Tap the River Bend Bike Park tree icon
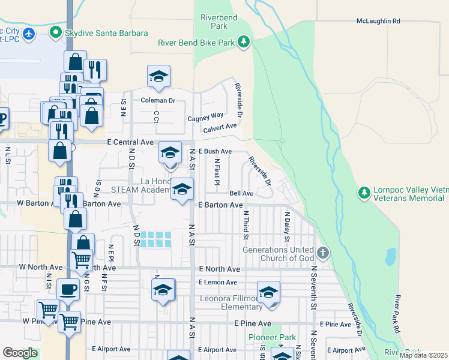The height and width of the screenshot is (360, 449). (243, 42)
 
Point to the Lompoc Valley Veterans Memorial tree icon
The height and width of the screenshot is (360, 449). (363, 193)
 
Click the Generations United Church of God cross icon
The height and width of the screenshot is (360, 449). (323, 253)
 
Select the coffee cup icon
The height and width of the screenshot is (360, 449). (68, 289)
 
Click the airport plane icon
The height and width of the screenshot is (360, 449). (30, 32)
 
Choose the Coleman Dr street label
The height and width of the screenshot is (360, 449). (158, 101)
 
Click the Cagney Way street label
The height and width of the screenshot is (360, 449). (205, 115)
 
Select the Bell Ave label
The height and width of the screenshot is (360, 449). (241, 193)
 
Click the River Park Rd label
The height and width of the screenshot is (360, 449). (397, 314)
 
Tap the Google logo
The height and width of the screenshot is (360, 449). (20, 353)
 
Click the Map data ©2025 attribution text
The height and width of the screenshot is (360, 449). (423, 355)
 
